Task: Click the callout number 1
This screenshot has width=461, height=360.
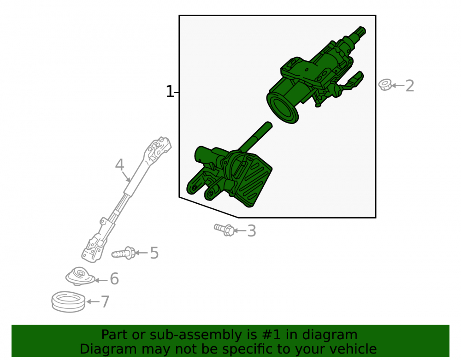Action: coord(170,92)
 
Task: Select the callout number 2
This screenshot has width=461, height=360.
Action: coord(409,86)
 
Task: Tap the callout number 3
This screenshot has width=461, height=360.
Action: coord(252,231)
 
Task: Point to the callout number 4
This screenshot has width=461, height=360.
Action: coord(119,165)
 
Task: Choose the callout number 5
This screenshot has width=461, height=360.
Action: coord(154,253)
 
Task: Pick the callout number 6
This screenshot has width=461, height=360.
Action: coord(114,278)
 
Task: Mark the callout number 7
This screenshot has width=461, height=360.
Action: coord(105,301)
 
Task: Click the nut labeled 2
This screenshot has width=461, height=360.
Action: coord(385,85)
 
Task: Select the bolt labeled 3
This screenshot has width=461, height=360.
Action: coord(225,230)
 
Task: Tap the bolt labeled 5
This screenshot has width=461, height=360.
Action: coord(124,253)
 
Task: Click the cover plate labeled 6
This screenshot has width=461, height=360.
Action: coord(80,276)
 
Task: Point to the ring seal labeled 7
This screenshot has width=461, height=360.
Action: coord(68,301)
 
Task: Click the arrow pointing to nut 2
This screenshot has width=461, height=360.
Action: coord(398,86)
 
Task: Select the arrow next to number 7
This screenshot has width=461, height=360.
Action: coord(93,301)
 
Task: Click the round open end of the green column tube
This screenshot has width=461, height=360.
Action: coord(282,108)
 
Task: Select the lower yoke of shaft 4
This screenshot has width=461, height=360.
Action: coord(93,248)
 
